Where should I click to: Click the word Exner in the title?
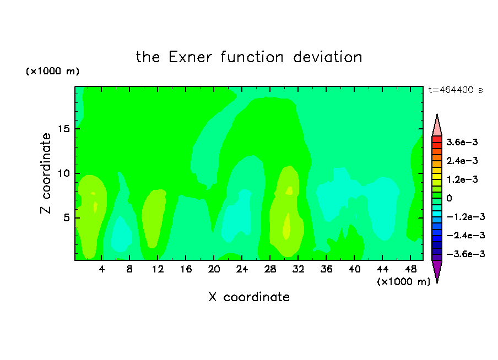pos(190,57)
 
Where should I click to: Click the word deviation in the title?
pos(328,57)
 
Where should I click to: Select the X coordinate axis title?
pos(249,297)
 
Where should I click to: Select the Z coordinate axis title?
pos(45,173)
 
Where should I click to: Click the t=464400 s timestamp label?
pos(456,90)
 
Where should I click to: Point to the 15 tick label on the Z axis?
pos(64,129)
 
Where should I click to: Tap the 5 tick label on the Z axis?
pos(67,218)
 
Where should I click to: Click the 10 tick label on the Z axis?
pos(64,173)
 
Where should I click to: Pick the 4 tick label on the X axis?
pos(101,269)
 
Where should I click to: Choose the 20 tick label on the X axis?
pos(214,269)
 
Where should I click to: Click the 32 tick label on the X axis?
pos(298,269)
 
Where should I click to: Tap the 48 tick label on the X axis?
pos(410,269)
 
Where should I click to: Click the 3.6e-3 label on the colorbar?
pos(462,142)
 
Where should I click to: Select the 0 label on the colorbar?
pos(449,198)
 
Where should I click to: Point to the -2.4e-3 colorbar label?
pos(465,235)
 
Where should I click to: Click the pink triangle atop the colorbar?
pos(437,126)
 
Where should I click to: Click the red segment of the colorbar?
pos(437,139)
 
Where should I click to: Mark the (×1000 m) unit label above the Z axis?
pos(52,71)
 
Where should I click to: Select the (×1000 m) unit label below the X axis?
pos(403,282)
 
